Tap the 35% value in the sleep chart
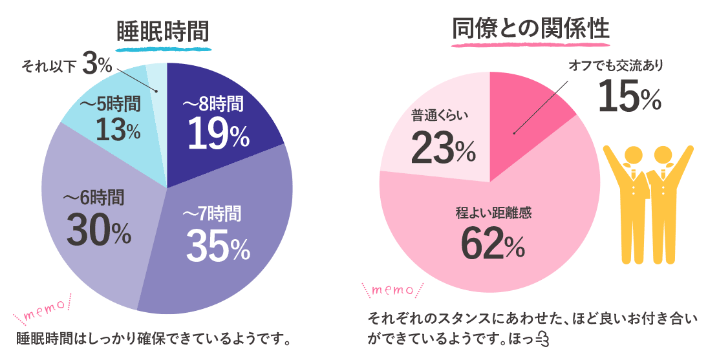[218, 248]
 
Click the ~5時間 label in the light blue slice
[109, 103]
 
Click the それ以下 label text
[50, 66]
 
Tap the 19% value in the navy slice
[217, 133]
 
